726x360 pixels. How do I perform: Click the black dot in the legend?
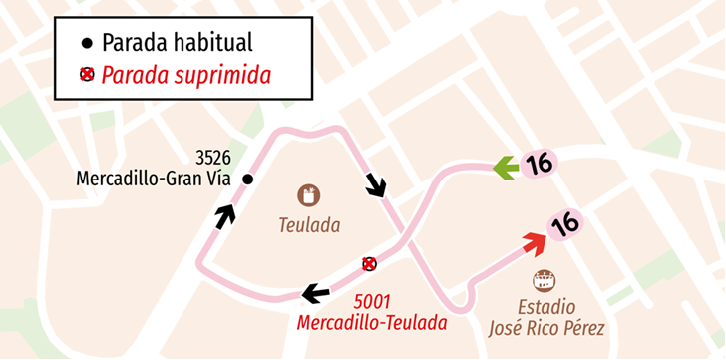pos(87,43)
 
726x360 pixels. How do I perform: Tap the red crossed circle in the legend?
pos(87,75)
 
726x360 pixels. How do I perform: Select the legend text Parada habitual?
pos(177,43)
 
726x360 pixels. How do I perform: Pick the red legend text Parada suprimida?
pos(186,75)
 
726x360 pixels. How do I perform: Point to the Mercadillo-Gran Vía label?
pos(153,180)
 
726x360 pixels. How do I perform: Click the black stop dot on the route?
pos(248,180)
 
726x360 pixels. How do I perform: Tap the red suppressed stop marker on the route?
pos(369,263)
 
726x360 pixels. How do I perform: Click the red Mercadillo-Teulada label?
pos(371,323)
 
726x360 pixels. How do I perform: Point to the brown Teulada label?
pos(310,226)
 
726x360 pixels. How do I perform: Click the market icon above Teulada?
pos(310,195)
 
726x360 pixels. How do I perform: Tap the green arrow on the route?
pos(507,168)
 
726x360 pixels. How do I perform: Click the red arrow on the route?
pos(534,242)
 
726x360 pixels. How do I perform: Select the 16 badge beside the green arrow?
pos(540,163)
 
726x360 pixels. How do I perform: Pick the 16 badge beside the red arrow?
pos(565,225)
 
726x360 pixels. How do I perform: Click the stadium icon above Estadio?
pos(544,280)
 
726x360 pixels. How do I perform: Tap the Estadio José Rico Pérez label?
pos(545,316)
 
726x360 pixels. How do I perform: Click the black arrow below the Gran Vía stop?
pos(226,214)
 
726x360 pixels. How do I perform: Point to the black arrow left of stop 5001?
pos(316,293)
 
